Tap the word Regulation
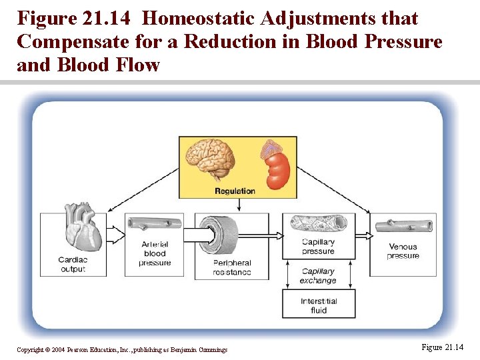point(235,191)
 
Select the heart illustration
point(83,227)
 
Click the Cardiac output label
point(72,265)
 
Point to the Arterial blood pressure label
point(155,253)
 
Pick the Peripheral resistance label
point(232,268)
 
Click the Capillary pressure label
point(318,247)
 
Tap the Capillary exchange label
point(318,276)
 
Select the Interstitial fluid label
point(319,305)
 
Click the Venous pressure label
point(403,251)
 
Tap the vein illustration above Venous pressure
point(403,226)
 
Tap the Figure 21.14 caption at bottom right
point(442,347)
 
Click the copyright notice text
point(122,349)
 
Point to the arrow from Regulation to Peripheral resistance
point(239,205)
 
